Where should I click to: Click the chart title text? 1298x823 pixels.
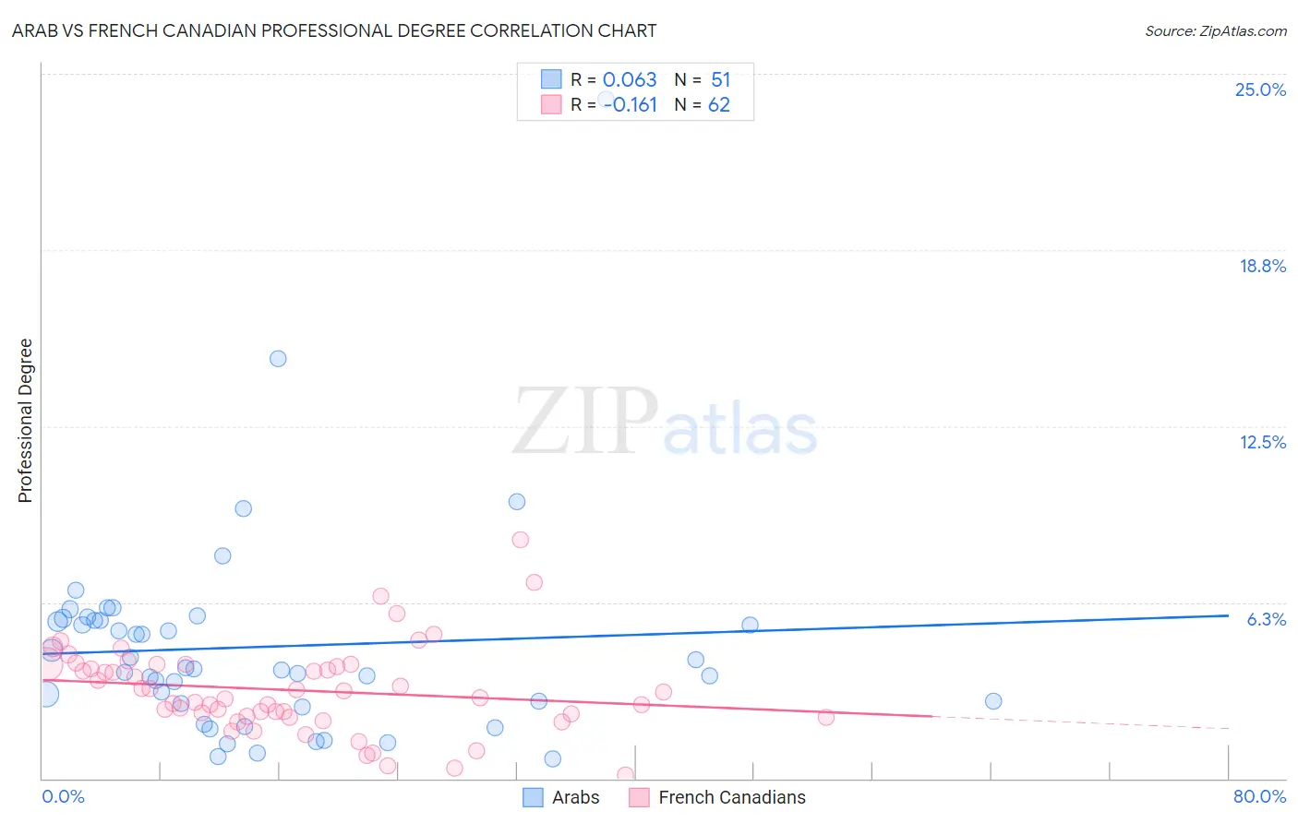click(334, 30)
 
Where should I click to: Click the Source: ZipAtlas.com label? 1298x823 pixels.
click(1215, 31)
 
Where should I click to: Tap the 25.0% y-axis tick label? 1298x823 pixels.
click(1260, 89)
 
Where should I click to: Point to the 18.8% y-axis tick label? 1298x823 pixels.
click(1261, 266)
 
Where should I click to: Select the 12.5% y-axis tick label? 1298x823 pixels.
click(1262, 442)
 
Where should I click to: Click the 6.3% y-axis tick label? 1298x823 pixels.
click(1266, 619)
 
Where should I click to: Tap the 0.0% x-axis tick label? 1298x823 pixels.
click(63, 796)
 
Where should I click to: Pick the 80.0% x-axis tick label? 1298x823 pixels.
click(1259, 796)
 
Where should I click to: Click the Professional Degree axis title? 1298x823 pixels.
click(25, 421)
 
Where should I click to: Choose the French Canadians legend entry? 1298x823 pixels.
click(717, 797)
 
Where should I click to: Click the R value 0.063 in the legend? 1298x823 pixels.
click(630, 80)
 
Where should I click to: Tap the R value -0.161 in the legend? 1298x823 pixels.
click(631, 105)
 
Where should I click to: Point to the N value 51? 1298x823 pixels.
click(720, 80)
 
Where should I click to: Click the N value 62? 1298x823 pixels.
click(718, 105)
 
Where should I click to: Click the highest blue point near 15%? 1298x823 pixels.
click(278, 359)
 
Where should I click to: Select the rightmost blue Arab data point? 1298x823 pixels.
click(993, 701)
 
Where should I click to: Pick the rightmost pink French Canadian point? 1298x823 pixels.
click(826, 717)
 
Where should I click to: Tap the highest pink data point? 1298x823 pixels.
click(521, 540)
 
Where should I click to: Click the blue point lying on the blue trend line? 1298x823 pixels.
click(750, 625)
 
